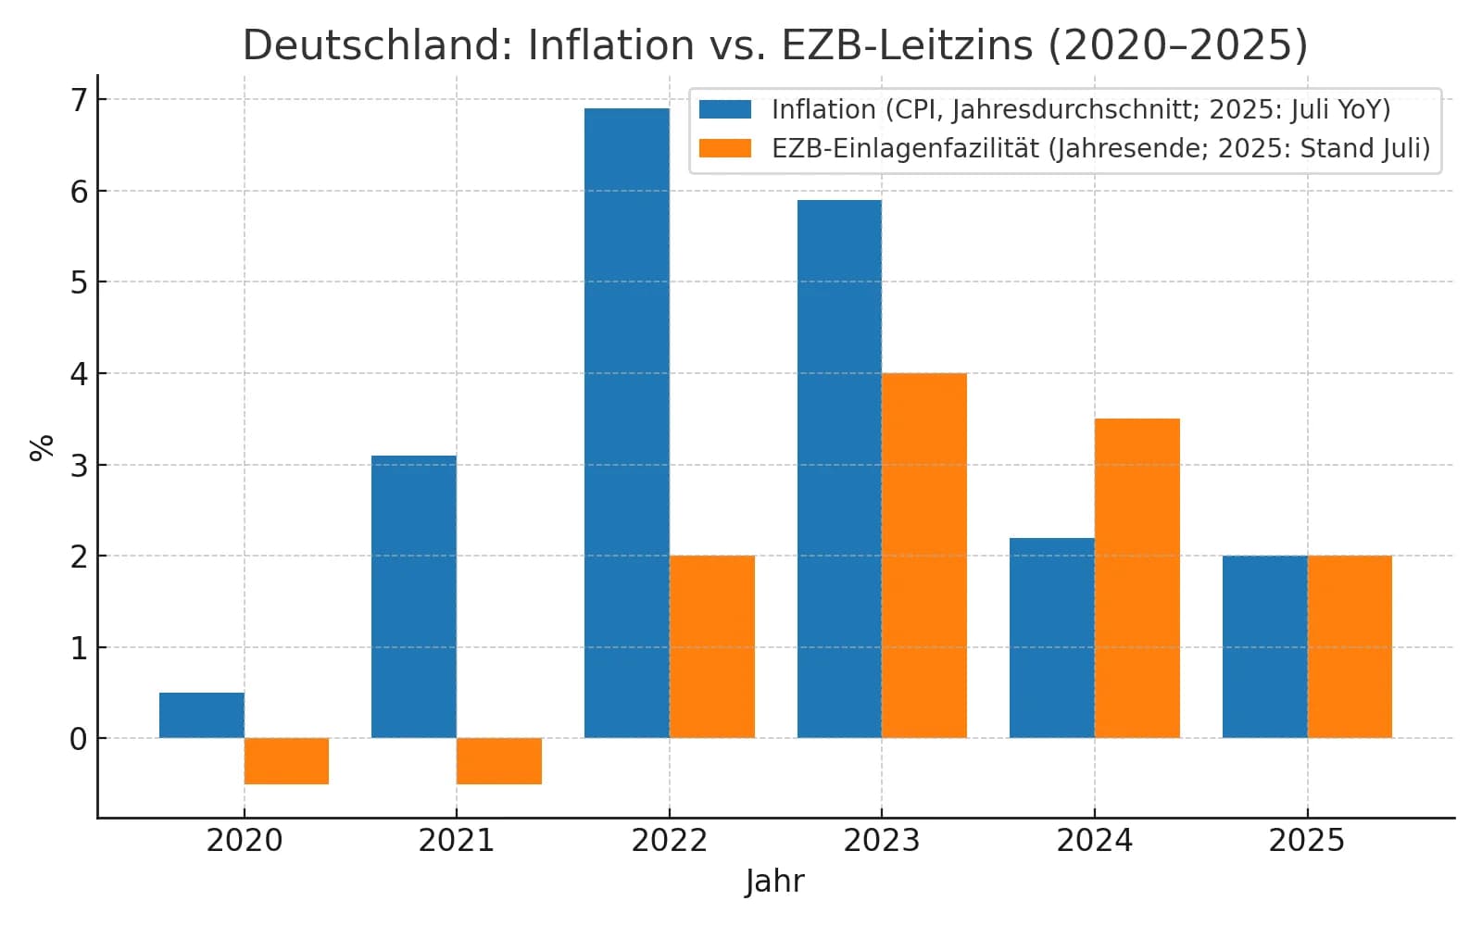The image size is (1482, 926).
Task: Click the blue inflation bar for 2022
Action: coord(626,423)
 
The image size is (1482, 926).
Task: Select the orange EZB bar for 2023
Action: coord(923,556)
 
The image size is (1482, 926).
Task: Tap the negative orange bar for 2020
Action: coord(286,761)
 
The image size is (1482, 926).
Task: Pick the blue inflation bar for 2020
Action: coord(201,715)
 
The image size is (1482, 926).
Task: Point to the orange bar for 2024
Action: coord(1137,579)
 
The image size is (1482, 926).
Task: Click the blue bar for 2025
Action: coord(1264,646)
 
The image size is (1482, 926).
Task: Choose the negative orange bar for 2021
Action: coord(498,761)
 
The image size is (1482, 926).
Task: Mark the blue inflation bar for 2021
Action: coord(413,597)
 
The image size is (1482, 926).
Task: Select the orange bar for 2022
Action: coord(711,646)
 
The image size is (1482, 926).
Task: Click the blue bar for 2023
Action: coord(839,469)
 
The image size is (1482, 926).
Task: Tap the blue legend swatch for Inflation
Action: coord(724,109)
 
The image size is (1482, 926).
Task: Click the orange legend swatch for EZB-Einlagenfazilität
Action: coord(724,148)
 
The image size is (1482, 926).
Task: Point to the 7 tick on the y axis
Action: coord(80,100)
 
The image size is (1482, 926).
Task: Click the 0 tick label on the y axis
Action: coord(80,739)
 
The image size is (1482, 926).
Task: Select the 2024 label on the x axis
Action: coord(1094,841)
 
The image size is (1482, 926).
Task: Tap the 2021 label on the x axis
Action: coord(456,841)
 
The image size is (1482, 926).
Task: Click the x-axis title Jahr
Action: coord(774,881)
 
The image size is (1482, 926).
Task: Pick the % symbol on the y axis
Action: coord(42,448)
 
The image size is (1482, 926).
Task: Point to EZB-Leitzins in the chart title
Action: coord(907,44)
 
